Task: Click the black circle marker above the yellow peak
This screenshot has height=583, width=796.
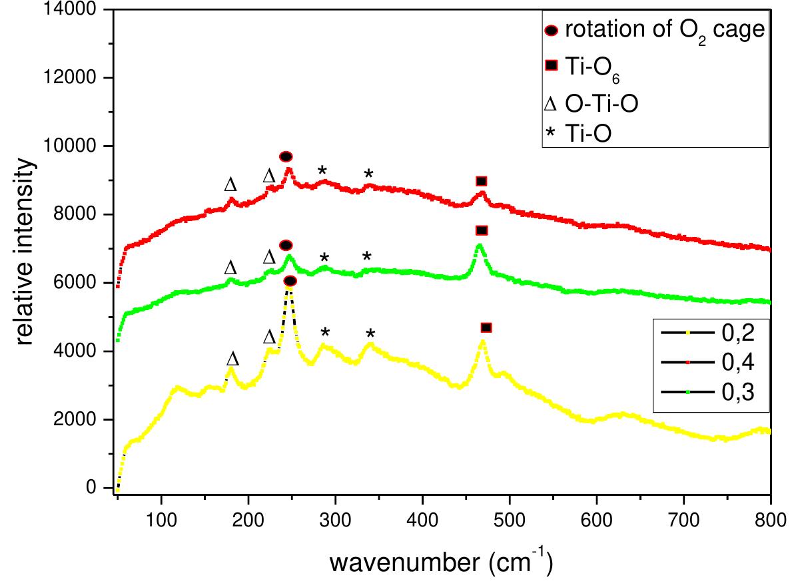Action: (x=290, y=282)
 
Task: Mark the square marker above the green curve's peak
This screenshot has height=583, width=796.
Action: (x=482, y=230)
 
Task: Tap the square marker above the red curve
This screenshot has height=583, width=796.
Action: (x=482, y=181)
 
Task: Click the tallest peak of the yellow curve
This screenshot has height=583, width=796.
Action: (x=289, y=291)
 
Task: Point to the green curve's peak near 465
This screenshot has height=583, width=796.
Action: (x=479, y=246)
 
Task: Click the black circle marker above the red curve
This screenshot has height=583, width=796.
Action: (x=286, y=156)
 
